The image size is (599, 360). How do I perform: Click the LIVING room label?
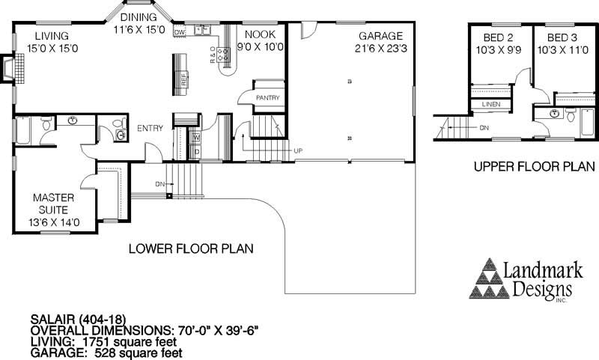[51, 35]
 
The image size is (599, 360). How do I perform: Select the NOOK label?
[261, 35]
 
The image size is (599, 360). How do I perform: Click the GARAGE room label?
[380, 35]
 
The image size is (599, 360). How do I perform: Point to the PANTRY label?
[267, 97]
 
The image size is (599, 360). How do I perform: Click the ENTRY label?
[150, 129]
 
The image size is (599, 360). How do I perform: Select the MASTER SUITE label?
[52, 204]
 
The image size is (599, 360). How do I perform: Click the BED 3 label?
[563, 37]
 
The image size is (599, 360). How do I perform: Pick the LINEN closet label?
[490, 105]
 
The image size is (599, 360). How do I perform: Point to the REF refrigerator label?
[183, 81]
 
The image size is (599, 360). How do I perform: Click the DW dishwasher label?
[179, 33]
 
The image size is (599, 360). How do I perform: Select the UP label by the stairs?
[298, 150]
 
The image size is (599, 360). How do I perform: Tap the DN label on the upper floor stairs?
[484, 128]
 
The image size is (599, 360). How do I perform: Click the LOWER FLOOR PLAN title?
[191, 248]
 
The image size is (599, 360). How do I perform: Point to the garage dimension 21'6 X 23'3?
[380, 48]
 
